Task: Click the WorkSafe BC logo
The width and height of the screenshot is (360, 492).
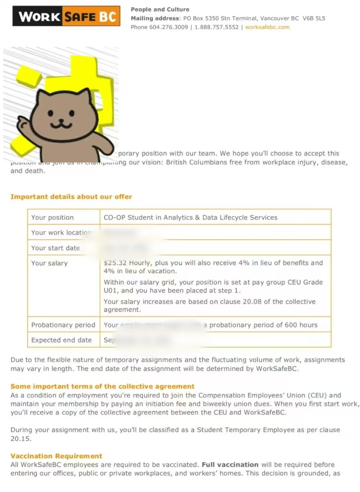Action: [66, 16]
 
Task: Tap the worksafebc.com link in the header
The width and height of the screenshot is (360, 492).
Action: [267, 27]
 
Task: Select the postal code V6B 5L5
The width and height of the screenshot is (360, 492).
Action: [314, 18]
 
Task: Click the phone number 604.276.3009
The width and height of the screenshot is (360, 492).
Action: [168, 27]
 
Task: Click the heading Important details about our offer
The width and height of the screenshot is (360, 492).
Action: [71, 197]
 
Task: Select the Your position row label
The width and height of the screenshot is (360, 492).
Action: [52, 218]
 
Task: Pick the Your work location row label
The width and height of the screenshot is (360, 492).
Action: [61, 232]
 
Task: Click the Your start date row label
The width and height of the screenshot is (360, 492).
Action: [55, 248]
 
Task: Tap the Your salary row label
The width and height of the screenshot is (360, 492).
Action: [49, 263]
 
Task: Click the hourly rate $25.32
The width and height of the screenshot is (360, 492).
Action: [115, 263]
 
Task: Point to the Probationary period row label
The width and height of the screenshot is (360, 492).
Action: [63, 325]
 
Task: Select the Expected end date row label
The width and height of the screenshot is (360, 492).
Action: [61, 340]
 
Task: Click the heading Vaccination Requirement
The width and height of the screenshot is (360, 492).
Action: [56, 456]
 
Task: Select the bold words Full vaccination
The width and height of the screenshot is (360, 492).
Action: [230, 464]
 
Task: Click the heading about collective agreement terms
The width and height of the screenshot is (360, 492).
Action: [102, 386]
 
